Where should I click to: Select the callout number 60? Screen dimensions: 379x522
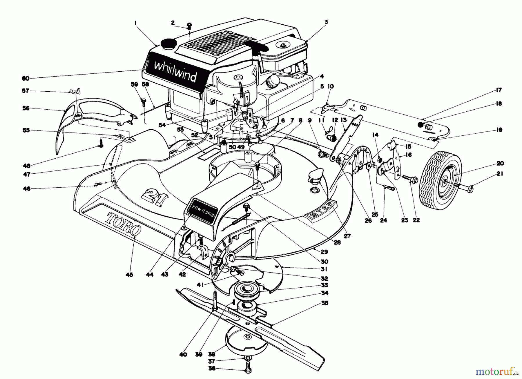point(26,78)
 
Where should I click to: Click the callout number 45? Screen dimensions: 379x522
point(129,275)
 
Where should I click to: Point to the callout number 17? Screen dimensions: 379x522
point(499,90)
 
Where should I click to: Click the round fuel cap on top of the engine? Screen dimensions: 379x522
point(166,44)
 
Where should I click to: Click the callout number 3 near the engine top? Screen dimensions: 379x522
point(326,22)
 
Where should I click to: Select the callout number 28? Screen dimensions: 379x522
point(337,243)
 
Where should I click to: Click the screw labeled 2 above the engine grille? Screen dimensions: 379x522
point(189,26)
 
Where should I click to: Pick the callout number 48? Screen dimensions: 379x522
point(26,166)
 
